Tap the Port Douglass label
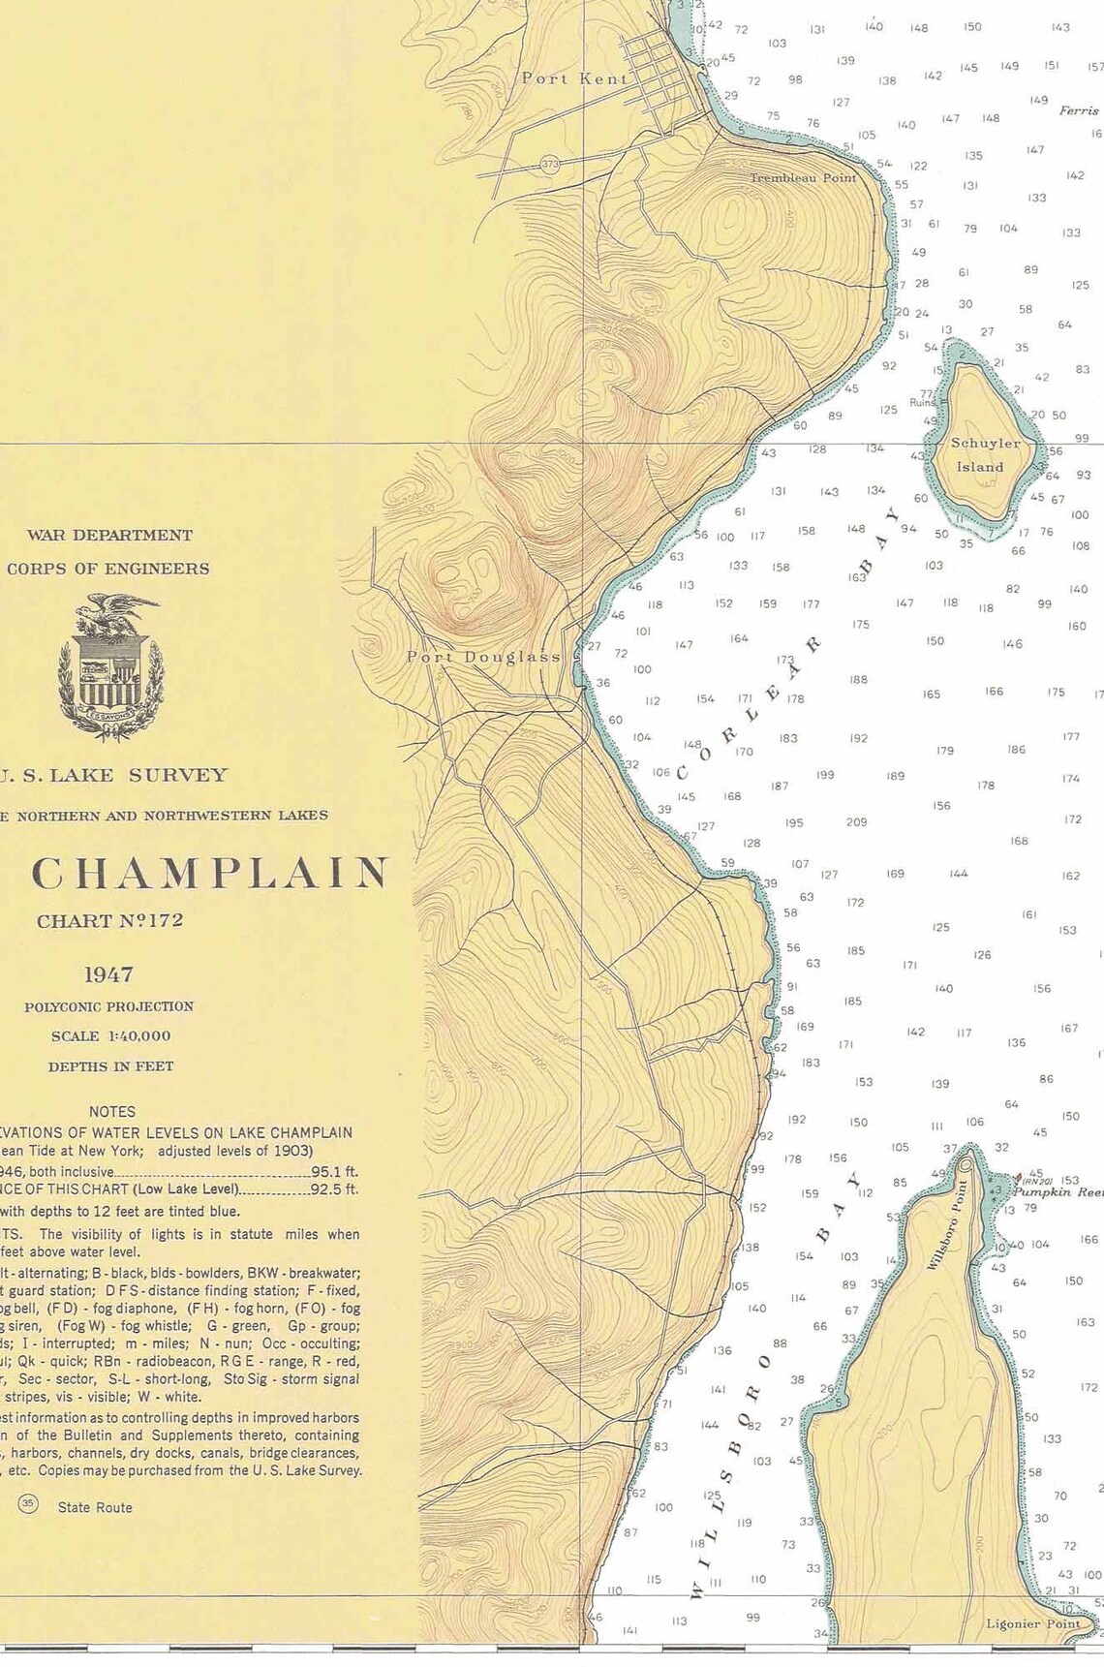(x=483, y=657)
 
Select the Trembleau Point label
(x=803, y=178)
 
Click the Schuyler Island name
(x=984, y=454)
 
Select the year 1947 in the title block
(x=108, y=974)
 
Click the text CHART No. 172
(x=109, y=921)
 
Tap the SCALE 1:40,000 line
(x=111, y=1036)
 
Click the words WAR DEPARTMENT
(x=109, y=535)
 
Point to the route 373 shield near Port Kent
(x=550, y=165)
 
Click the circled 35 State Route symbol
(x=27, y=1504)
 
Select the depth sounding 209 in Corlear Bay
(x=856, y=822)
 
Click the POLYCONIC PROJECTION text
(x=108, y=1006)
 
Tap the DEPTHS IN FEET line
(x=110, y=1066)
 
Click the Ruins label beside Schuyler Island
(x=922, y=402)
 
